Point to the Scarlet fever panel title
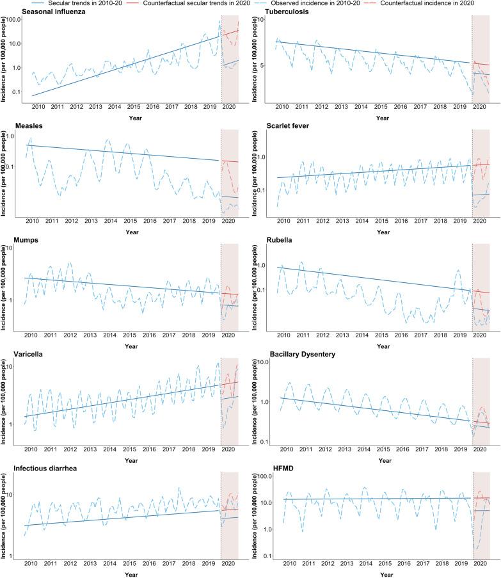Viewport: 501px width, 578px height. [x=291, y=126]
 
